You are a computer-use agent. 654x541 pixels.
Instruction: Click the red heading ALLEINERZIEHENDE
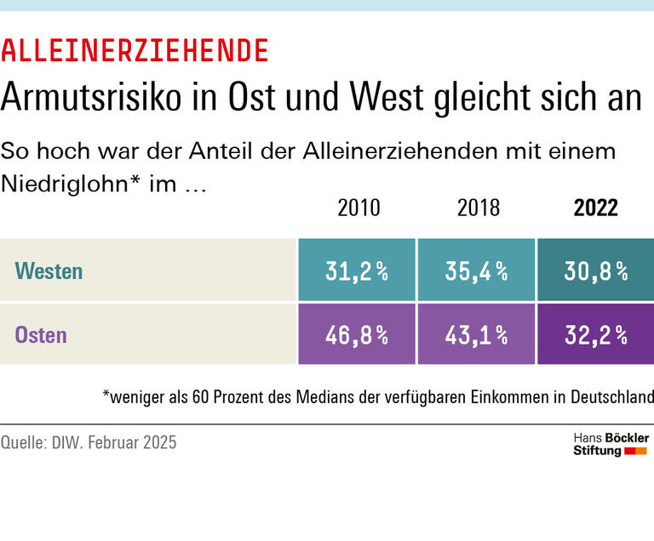click(x=135, y=52)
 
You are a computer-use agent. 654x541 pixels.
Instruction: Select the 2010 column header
click(x=359, y=208)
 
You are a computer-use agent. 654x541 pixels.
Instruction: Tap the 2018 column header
click(x=478, y=208)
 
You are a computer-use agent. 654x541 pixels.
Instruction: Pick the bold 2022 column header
click(x=596, y=208)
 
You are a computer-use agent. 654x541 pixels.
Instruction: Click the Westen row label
click(x=49, y=271)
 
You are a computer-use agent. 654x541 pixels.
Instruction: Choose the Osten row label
click(x=41, y=334)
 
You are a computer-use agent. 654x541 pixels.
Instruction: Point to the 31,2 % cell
click(x=357, y=271)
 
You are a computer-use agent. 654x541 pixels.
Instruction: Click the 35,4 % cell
click(x=476, y=271)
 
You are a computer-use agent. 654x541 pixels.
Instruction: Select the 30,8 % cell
click(x=595, y=271)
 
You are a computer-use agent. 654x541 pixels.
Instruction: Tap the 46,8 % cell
click(x=357, y=334)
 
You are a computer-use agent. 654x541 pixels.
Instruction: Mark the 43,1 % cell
click(x=476, y=334)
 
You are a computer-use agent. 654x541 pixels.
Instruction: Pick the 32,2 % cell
click(x=595, y=334)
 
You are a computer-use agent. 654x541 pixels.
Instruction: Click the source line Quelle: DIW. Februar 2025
click(x=89, y=442)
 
